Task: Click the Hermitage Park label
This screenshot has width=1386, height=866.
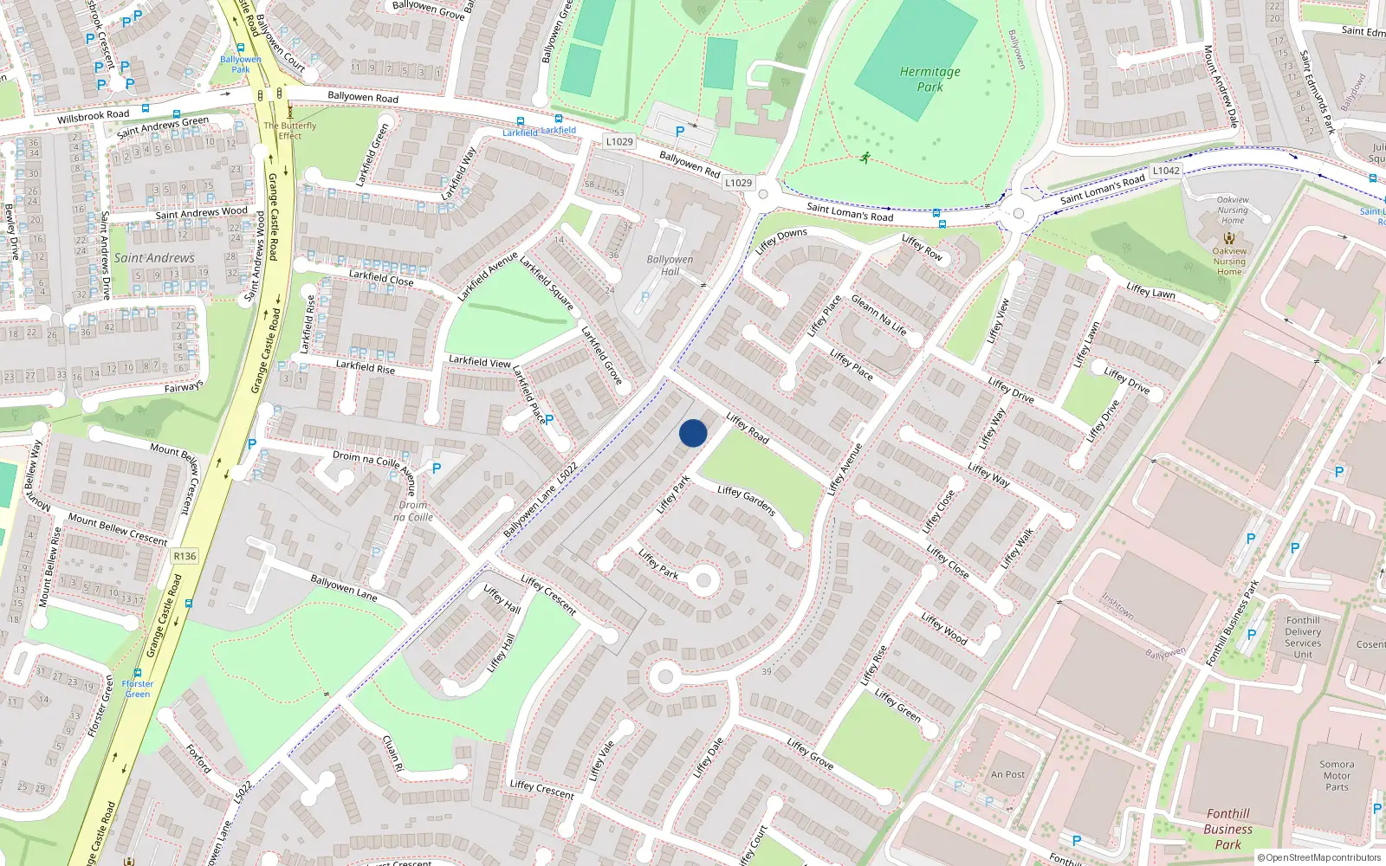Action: click(929, 79)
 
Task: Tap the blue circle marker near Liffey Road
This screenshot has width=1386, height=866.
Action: click(693, 433)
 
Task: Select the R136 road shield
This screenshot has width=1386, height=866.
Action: click(185, 556)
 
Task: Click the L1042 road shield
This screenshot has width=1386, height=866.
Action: click(1166, 171)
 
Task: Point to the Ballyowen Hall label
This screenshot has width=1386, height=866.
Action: click(670, 265)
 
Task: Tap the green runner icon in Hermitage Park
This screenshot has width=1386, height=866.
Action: click(865, 157)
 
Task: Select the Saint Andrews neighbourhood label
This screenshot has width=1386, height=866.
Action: click(154, 257)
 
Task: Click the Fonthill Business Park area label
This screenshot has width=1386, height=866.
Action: click(1227, 829)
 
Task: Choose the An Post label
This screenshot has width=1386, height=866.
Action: click(1007, 774)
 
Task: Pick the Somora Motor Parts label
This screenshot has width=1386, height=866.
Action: click(1337, 775)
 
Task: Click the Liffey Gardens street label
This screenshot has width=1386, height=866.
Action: click(746, 500)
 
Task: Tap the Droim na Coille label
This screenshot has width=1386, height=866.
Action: click(414, 511)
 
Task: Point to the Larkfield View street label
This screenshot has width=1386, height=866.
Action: click(479, 361)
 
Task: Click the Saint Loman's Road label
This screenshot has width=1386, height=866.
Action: click(849, 211)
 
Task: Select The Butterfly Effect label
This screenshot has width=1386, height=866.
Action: click(290, 130)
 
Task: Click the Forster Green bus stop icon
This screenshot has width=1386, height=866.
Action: click(138, 672)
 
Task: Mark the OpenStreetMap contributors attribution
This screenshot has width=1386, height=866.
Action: click(1319, 857)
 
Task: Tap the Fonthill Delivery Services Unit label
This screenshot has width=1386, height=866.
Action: click(1303, 637)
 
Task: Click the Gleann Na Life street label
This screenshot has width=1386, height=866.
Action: click(878, 314)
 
